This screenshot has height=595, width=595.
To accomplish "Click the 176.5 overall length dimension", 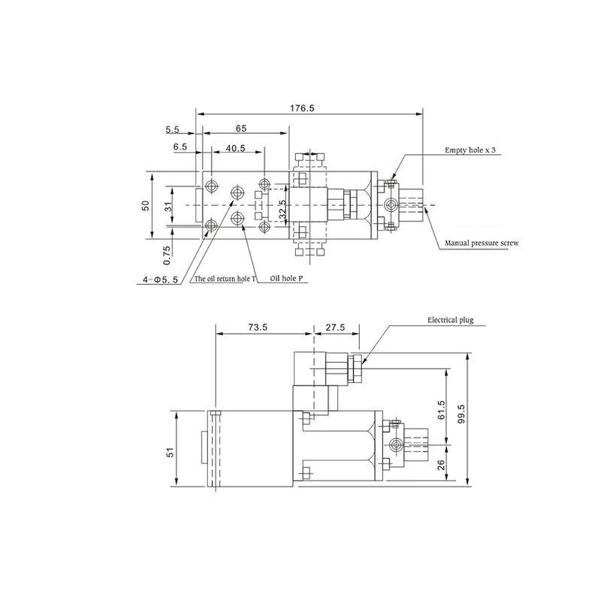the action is pyautogui.click(x=302, y=108).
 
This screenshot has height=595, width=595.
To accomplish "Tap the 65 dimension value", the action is pyautogui.click(x=241, y=128).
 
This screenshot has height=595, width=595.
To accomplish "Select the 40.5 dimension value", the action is pyautogui.click(x=236, y=148).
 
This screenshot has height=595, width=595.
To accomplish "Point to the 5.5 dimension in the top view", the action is pyautogui.click(x=172, y=129).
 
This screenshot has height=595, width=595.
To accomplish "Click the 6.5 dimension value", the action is pyautogui.click(x=180, y=147).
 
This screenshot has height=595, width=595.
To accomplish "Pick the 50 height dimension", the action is pyautogui.click(x=146, y=206).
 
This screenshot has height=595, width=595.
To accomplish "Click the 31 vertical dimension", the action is pyautogui.click(x=169, y=207).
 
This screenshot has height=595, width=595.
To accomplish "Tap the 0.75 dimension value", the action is pyautogui.click(x=167, y=255).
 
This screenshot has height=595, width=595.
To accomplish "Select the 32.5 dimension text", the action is pyautogui.click(x=283, y=210).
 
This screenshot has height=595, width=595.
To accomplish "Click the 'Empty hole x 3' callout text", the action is pyautogui.click(x=470, y=150).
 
